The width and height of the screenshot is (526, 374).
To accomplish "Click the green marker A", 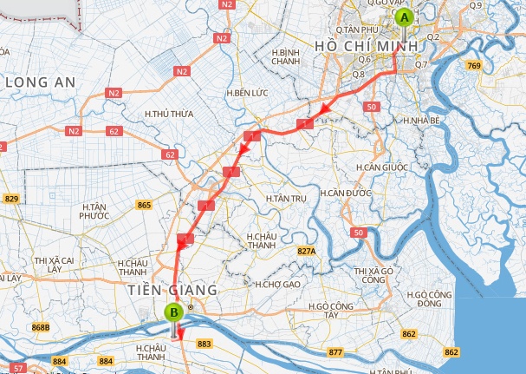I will point(403,16).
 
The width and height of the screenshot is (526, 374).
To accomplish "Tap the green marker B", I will point(174,312).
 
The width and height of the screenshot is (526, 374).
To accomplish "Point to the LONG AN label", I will point(40,82).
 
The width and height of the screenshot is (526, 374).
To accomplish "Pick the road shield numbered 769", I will point(497,65).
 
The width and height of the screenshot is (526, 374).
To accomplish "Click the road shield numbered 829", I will point(11,200).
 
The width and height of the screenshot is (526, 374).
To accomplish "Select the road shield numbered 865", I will point(144,205).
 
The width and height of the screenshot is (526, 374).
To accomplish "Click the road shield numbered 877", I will point(335,353).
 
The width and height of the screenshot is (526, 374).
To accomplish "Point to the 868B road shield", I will point(41,328).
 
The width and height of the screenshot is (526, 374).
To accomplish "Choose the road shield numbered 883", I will point(205,344).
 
